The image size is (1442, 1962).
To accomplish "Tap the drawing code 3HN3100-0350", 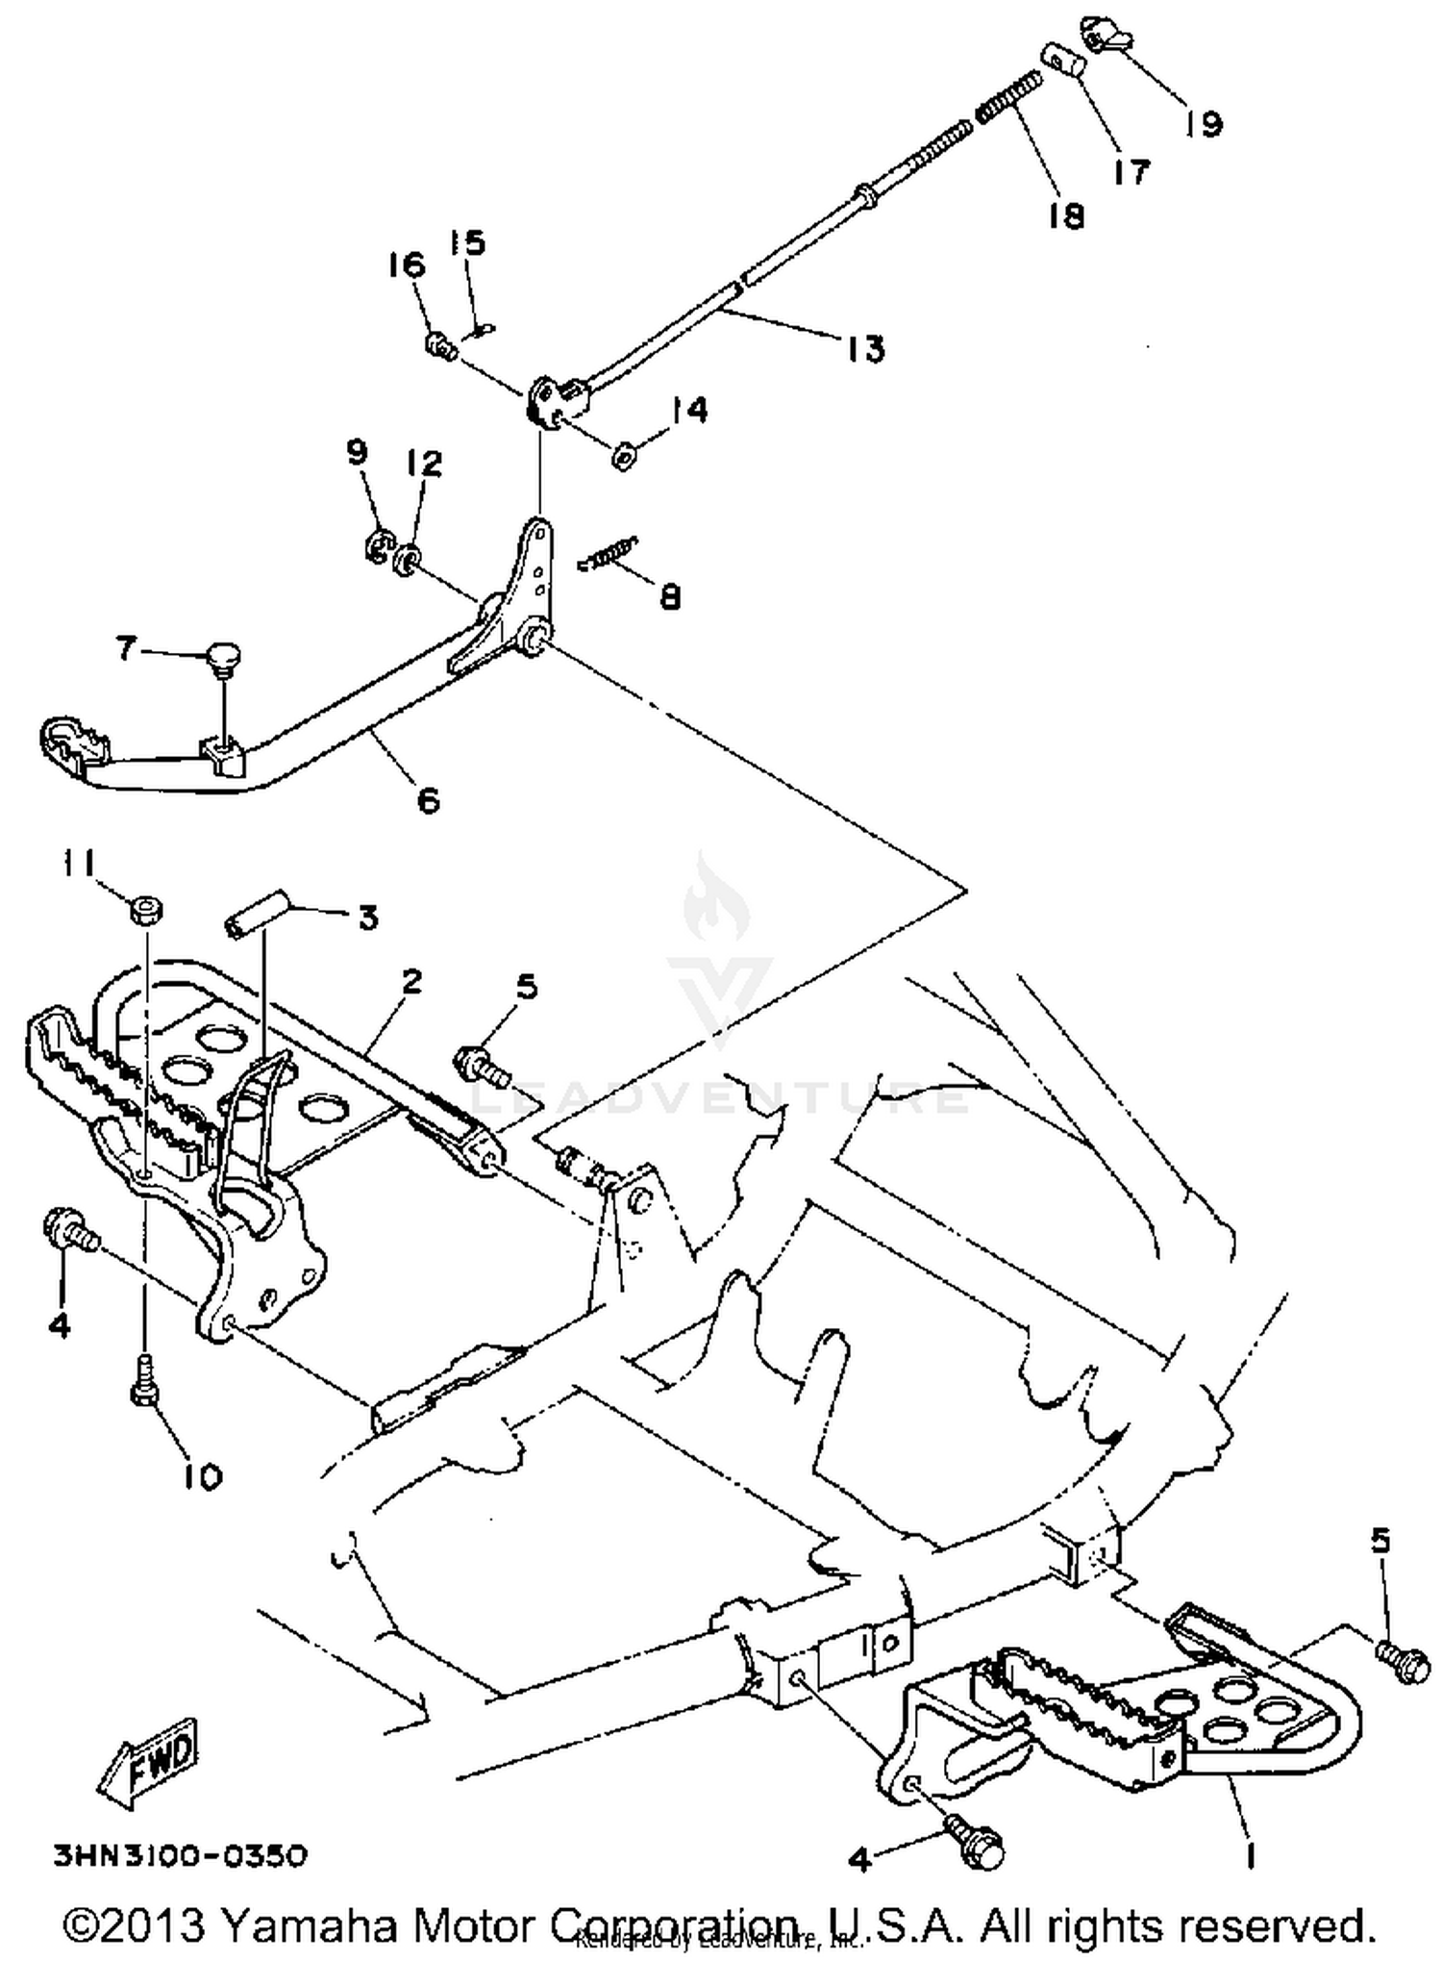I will [x=181, y=1856].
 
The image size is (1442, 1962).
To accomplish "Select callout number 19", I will [x=1203, y=123].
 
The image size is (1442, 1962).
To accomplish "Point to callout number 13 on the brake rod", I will [x=866, y=348].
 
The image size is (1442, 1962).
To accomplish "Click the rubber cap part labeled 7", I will [x=222, y=659].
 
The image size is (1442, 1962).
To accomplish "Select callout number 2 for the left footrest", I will [x=411, y=982].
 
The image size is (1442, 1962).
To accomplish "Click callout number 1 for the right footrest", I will [x=1249, y=1858].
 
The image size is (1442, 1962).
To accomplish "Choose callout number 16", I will [x=406, y=265].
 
